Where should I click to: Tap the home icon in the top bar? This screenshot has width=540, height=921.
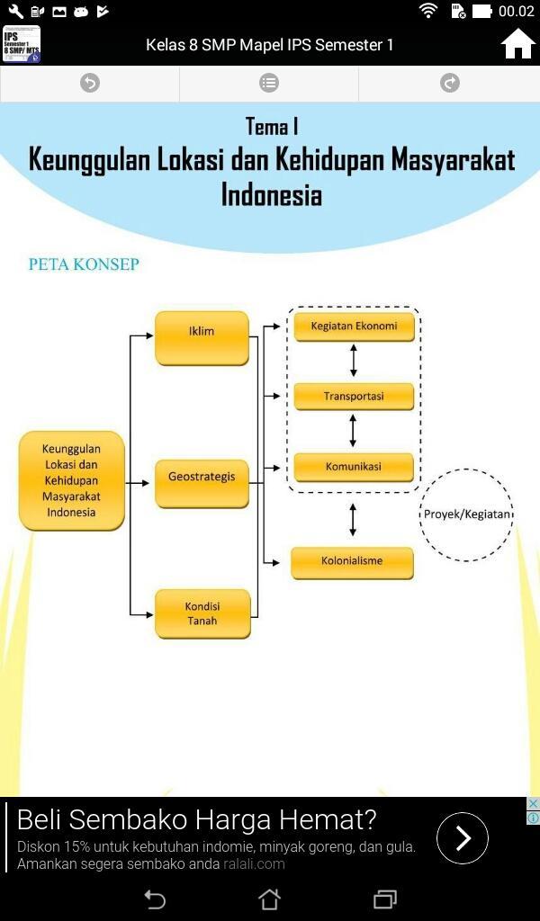(518, 44)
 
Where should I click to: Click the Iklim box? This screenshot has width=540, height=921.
(202, 337)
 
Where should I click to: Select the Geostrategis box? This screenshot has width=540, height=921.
(202, 483)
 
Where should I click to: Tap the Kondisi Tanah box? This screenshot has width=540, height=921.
(202, 613)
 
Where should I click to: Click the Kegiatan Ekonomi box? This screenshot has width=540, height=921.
(354, 326)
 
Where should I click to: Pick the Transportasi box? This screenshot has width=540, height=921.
(354, 396)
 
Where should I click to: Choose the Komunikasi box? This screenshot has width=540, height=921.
(354, 467)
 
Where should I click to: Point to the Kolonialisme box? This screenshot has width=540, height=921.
(352, 562)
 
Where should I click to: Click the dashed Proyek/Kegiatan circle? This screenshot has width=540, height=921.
(466, 514)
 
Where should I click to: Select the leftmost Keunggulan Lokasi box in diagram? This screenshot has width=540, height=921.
(71, 480)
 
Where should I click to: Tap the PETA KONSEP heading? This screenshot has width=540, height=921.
(84, 264)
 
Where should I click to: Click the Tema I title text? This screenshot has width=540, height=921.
(271, 127)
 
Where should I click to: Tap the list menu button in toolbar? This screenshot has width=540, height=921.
(269, 84)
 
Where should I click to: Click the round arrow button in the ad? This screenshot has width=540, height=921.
(463, 838)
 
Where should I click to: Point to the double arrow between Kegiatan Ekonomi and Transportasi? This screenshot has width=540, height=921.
(354, 361)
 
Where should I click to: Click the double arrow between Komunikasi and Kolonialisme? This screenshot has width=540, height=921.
(353, 520)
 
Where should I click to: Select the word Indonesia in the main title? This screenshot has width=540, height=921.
(271, 194)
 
